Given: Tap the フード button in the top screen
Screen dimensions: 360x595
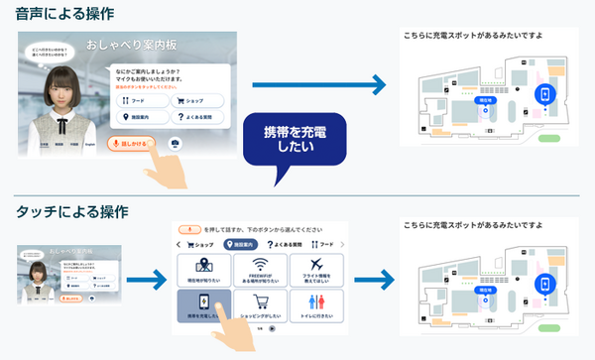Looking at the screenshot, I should [142, 100].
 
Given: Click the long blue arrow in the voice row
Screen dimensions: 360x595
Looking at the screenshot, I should [317, 86].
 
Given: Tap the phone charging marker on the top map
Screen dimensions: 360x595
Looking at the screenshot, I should [543, 94].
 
